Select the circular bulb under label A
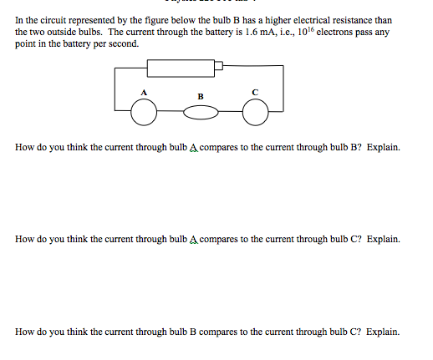[144, 111]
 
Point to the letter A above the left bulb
[144, 90]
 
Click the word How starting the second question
[25, 239]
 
